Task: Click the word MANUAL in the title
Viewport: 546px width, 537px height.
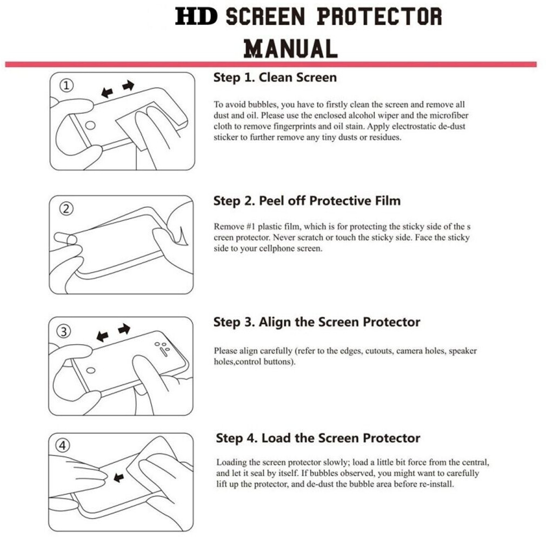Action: (x=291, y=49)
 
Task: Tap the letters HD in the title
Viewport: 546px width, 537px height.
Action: (x=196, y=16)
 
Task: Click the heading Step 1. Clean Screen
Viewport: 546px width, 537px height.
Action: (x=275, y=77)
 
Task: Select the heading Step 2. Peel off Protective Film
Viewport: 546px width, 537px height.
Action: (x=307, y=201)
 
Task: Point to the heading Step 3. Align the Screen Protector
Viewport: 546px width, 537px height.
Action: (x=317, y=322)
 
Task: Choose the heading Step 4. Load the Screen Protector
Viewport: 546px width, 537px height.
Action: (x=318, y=438)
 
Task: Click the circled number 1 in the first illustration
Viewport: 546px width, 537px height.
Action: (x=66, y=86)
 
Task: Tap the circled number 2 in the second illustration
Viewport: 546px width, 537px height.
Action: (x=66, y=209)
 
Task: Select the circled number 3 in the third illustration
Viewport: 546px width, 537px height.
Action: (x=64, y=331)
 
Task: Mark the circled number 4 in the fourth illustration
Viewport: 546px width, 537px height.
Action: (x=63, y=446)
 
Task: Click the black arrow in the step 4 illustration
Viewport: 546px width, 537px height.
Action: (x=119, y=477)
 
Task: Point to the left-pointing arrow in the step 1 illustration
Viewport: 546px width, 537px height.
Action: (x=107, y=93)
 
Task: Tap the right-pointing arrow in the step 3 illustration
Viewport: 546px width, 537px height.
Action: (x=124, y=329)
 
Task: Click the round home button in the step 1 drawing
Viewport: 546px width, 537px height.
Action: (x=90, y=125)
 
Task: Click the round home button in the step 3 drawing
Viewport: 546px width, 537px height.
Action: (x=91, y=370)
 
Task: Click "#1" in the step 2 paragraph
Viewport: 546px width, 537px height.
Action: (x=251, y=227)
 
